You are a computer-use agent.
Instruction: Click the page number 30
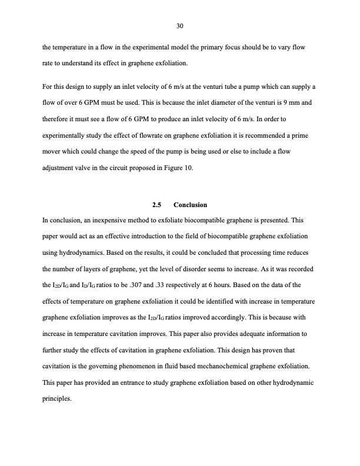tap(180, 25)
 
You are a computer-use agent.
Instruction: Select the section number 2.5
tap(156, 205)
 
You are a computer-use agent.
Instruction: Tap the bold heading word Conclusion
tap(191, 205)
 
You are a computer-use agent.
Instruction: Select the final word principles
tap(57, 398)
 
